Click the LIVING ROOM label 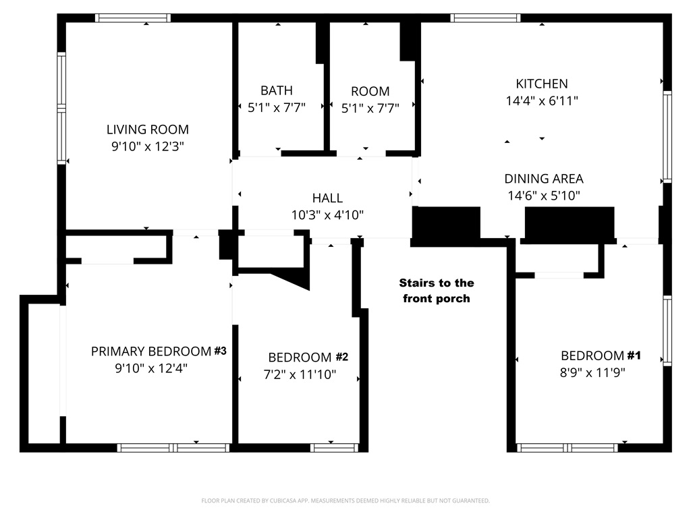(148, 129)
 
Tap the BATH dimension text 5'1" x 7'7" (276, 107)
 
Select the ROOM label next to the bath (370, 91)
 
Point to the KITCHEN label (542, 84)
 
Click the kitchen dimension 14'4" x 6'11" (542, 101)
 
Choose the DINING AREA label (544, 179)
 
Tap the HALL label (327, 198)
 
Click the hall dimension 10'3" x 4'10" (327, 215)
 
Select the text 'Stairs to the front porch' (437, 291)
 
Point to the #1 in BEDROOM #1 (634, 355)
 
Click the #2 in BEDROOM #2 (341, 357)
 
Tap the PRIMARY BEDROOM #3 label (159, 351)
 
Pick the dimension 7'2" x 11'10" (300, 374)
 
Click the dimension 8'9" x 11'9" (592, 372)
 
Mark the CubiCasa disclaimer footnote (345, 501)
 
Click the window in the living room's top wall (133, 18)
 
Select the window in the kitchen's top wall (485, 18)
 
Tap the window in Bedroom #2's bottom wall (334, 448)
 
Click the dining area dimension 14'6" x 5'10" (544, 196)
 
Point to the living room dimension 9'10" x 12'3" (148, 146)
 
